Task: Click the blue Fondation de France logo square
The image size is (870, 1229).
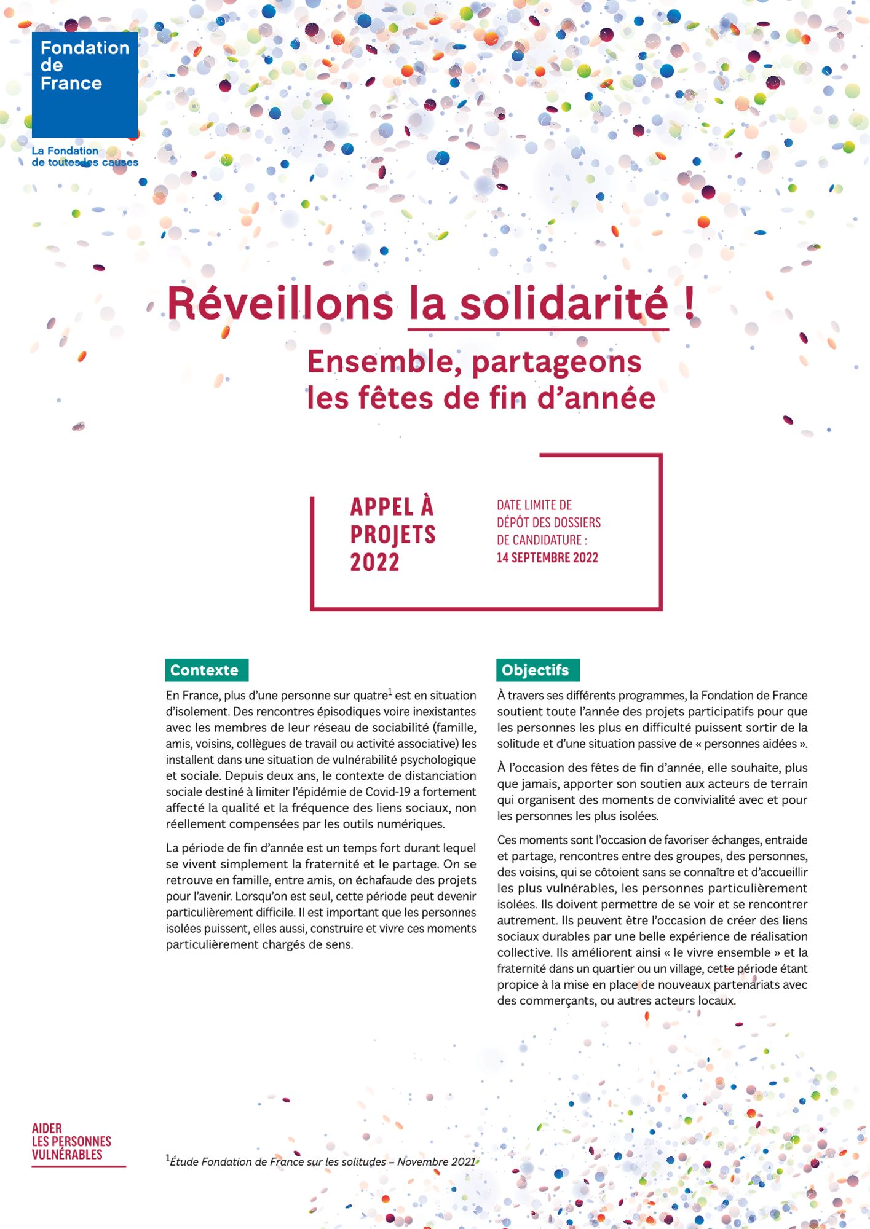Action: [x=85, y=85]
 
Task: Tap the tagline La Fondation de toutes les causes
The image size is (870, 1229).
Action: [x=84, y=157]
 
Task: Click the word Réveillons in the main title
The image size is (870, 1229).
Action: [x=280, y=304]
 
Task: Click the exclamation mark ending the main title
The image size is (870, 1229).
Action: [x=690, y=304]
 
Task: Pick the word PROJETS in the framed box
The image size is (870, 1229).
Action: [x=393, y=535]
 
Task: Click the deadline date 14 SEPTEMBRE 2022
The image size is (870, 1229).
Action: [x=547, y=557]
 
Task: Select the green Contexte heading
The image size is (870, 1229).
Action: [x=207, y=670]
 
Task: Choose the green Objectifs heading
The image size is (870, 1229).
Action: [x=537, y=670]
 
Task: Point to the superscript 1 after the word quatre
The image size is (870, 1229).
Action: [x=390, y=692]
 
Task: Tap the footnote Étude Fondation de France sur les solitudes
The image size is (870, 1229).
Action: [x=277, y=1161]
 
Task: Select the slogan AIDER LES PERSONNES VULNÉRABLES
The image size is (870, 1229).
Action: [x=71, y=1141]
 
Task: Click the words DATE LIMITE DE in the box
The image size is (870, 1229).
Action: [x=534, y=505]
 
